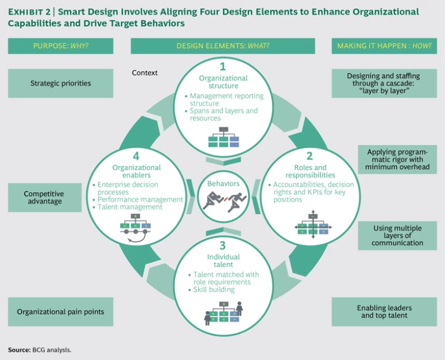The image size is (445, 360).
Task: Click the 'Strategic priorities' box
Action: [61, 83]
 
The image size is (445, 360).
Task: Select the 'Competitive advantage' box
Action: [44, 198]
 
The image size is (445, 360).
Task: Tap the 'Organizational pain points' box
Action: [61, 312]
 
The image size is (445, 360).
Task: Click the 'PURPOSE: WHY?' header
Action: [61, 46]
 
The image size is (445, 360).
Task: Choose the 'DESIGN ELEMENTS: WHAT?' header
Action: [223, 46]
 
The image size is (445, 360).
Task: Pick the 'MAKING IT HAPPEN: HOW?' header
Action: [385, 46]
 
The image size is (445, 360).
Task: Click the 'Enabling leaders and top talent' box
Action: [385, 312]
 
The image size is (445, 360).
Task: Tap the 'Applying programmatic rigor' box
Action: [397, 160]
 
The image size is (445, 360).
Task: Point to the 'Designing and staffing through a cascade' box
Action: [385, 83]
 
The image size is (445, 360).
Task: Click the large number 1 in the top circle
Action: [223, 65]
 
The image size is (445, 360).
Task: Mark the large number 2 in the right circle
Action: [309, 156]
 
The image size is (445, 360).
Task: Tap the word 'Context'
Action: [145, 73]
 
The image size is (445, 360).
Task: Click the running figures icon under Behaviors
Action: [223, 200]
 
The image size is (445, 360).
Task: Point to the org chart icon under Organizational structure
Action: [223, 137]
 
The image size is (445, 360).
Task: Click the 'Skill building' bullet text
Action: [214, 289]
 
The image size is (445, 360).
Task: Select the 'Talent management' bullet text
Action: [129, 207]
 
